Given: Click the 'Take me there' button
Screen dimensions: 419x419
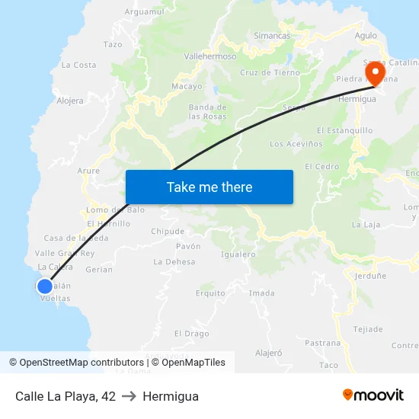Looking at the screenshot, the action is pyautogui.click(x=209, y=187).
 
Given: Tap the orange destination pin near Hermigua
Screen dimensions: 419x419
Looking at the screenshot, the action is pyautogui.click(x=375, y=73).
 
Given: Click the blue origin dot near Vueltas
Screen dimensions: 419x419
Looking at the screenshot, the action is pyautogui.click(x=44, y=286).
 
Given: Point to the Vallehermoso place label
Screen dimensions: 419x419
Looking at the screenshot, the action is pyautogui.click(x=210, y=56).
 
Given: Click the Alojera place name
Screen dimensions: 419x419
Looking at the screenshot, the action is pyautogui.click(x=70, y=101).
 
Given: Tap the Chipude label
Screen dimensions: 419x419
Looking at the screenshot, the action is pyautogui.click(x=168, y=232).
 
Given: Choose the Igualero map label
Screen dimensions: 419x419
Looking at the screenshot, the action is pyautogui.click(x=238, y=254).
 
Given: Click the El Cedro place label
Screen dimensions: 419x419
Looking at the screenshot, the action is pyautogui.click(x=321, y=167).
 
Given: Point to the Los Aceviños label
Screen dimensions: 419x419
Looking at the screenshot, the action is pyautogui.click(x=293, y=144).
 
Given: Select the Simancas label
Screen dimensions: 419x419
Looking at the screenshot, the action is pyautogui.click(x=272, y=36).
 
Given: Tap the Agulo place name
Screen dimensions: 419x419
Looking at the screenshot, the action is pyautogui.click(x=366, y=36).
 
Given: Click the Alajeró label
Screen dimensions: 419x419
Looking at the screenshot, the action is pyautogui.click(x=268, y=353).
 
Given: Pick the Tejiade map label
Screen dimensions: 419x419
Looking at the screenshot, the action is pyautogui.click(x=369, y=329).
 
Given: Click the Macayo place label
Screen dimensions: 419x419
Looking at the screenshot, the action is pyautogui.click(x=187, y=87).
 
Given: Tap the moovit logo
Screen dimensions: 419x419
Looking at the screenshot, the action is pyautogui.click(x=373, y=395).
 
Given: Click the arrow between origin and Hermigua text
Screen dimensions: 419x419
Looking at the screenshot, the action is pyautogui.click(x=129, y=396).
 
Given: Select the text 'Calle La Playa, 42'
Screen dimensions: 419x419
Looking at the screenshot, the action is pyautogui.click(x=66, y=396).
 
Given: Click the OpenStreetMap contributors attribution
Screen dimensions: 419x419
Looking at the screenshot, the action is pyautogui.click(x=76, y=363).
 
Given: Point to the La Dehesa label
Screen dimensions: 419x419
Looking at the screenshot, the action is pyautogui.click(x=174, y=262).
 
